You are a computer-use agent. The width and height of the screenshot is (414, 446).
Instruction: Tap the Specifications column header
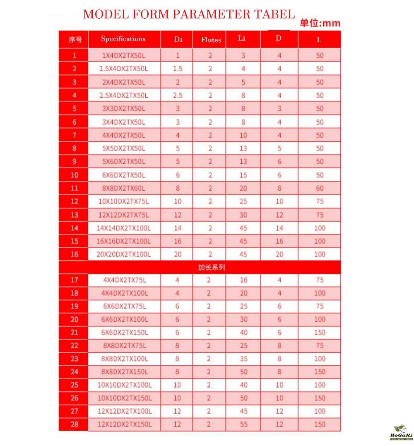tap(123, 39)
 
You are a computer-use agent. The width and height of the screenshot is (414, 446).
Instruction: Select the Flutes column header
tap(211, 40)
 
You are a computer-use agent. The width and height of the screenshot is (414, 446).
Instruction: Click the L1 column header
tap(242, 39)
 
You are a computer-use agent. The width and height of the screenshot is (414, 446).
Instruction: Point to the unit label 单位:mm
tap(320, 23)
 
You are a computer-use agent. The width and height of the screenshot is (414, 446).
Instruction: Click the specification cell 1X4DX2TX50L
tap(124, 56)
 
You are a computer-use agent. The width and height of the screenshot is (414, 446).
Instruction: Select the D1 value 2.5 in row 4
tap(178, 95)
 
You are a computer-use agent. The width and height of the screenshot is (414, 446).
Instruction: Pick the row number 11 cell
tap(74, 188)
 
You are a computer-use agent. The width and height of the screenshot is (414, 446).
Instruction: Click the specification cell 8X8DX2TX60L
tap(124, 188)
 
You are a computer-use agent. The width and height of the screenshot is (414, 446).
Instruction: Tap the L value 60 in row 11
tap(320, 188)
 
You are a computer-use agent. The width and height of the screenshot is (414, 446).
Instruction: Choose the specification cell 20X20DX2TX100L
tap(124, 255)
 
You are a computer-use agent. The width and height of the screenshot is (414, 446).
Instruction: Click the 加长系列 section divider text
tap(211, 267)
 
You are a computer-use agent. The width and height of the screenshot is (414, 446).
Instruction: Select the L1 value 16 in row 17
tap(243, 280)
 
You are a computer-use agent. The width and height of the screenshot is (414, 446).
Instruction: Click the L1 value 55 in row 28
tap(243, 424)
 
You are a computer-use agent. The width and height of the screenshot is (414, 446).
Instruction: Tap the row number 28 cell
tap(74, 424)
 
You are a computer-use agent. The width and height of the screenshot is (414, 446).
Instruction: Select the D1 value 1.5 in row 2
tap(178, 69)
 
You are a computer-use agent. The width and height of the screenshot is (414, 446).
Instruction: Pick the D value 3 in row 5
tap(279, 109)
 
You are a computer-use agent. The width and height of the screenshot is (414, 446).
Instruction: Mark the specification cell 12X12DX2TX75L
tap(124, 215)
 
